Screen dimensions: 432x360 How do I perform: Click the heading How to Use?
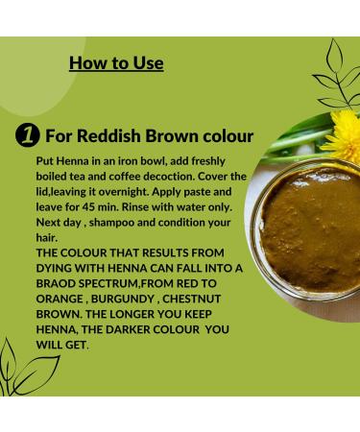[116, 63]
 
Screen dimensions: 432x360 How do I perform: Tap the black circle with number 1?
[28, 135]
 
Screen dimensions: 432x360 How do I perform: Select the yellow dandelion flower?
[342, 133]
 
